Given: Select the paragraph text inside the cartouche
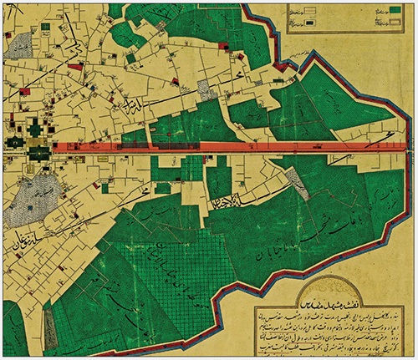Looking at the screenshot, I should point(334,322).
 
